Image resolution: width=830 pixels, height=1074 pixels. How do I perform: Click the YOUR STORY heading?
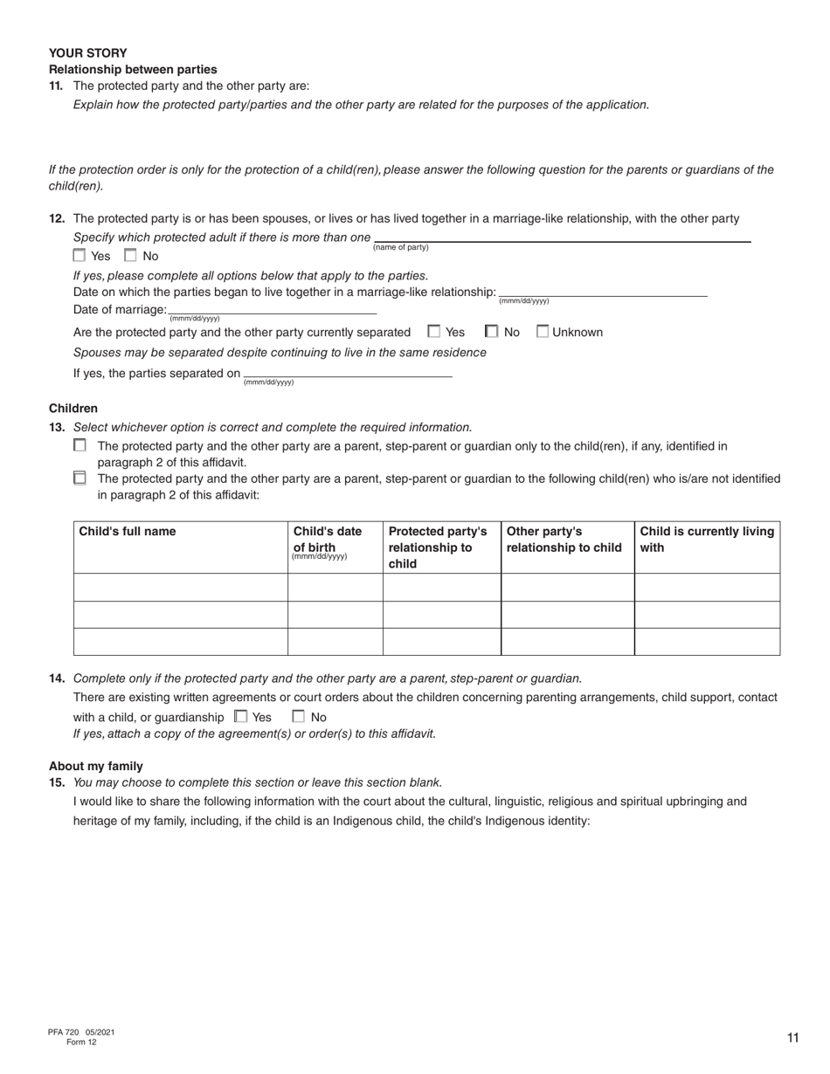87,52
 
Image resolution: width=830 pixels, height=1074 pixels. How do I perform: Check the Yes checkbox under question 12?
80,256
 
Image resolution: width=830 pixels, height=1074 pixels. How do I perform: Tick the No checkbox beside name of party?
131,256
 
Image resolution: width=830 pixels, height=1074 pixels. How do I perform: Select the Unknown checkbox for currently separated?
543,332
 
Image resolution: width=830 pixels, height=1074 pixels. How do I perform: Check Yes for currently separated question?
434,332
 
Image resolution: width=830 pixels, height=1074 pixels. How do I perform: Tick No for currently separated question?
492,332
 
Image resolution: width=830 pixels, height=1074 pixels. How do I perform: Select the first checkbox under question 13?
80,445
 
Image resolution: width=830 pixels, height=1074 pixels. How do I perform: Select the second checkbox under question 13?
80,478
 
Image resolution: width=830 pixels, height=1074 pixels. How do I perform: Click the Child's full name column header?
128,532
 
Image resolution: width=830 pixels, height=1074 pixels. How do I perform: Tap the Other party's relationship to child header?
564,540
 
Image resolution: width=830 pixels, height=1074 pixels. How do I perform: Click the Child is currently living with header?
706,540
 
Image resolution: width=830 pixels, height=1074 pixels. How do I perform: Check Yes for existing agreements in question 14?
241,717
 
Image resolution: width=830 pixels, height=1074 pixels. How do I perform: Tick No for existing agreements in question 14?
299,717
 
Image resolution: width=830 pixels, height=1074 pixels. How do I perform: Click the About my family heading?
96,766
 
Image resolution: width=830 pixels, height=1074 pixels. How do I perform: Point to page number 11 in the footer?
792,1037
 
